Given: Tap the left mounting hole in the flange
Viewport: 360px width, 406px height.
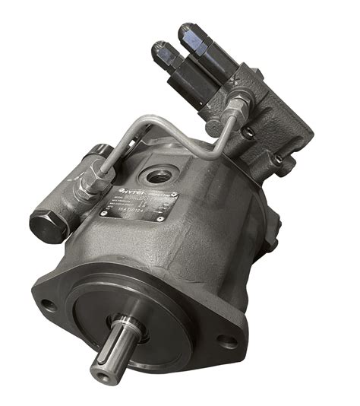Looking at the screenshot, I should pos(48,306).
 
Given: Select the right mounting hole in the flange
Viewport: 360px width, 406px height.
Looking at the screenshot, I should pos(225,342).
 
